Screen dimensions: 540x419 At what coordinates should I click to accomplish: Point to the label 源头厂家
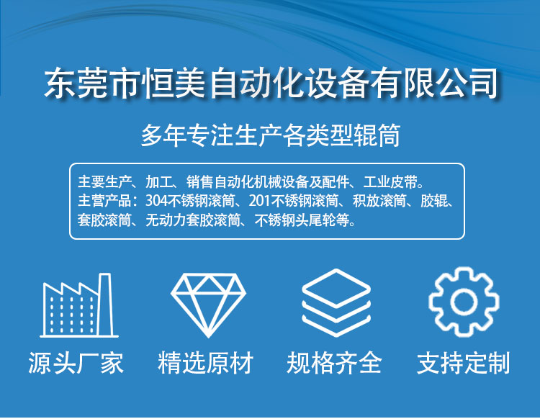tap(76, 363)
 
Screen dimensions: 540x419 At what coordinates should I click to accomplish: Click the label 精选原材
tap(206, 363)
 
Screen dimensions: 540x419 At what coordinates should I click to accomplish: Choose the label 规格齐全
tap(334, 363)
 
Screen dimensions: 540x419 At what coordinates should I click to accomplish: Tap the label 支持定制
tap(464, 363)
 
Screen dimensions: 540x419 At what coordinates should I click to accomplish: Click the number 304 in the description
tap(156, 201)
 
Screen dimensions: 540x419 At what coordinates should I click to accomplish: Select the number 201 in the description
tap(260, 201)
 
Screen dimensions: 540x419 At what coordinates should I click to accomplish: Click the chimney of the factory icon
tap(105, 305)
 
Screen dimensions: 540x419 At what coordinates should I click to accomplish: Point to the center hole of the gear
tap(464, 302)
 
